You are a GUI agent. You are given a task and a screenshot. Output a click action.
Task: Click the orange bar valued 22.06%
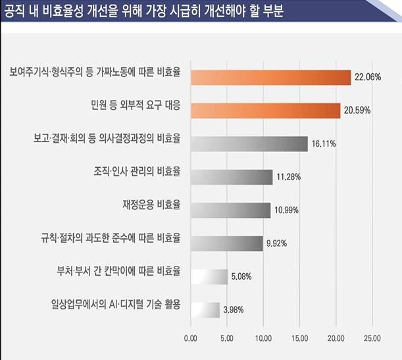270,77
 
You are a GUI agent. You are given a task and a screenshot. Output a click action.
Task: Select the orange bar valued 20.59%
265,110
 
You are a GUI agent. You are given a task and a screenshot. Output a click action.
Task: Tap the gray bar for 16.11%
249,143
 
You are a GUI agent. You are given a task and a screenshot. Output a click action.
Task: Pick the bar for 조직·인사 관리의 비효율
231,176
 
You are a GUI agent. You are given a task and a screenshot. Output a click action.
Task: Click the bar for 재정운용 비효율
230,210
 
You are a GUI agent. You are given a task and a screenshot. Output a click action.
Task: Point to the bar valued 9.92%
226,243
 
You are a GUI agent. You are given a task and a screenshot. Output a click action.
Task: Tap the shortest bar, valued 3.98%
205,309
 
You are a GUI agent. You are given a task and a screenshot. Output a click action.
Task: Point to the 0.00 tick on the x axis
191,338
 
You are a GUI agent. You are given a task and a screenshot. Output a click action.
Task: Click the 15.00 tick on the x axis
299,338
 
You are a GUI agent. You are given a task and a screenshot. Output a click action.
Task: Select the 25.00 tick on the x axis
372,338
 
